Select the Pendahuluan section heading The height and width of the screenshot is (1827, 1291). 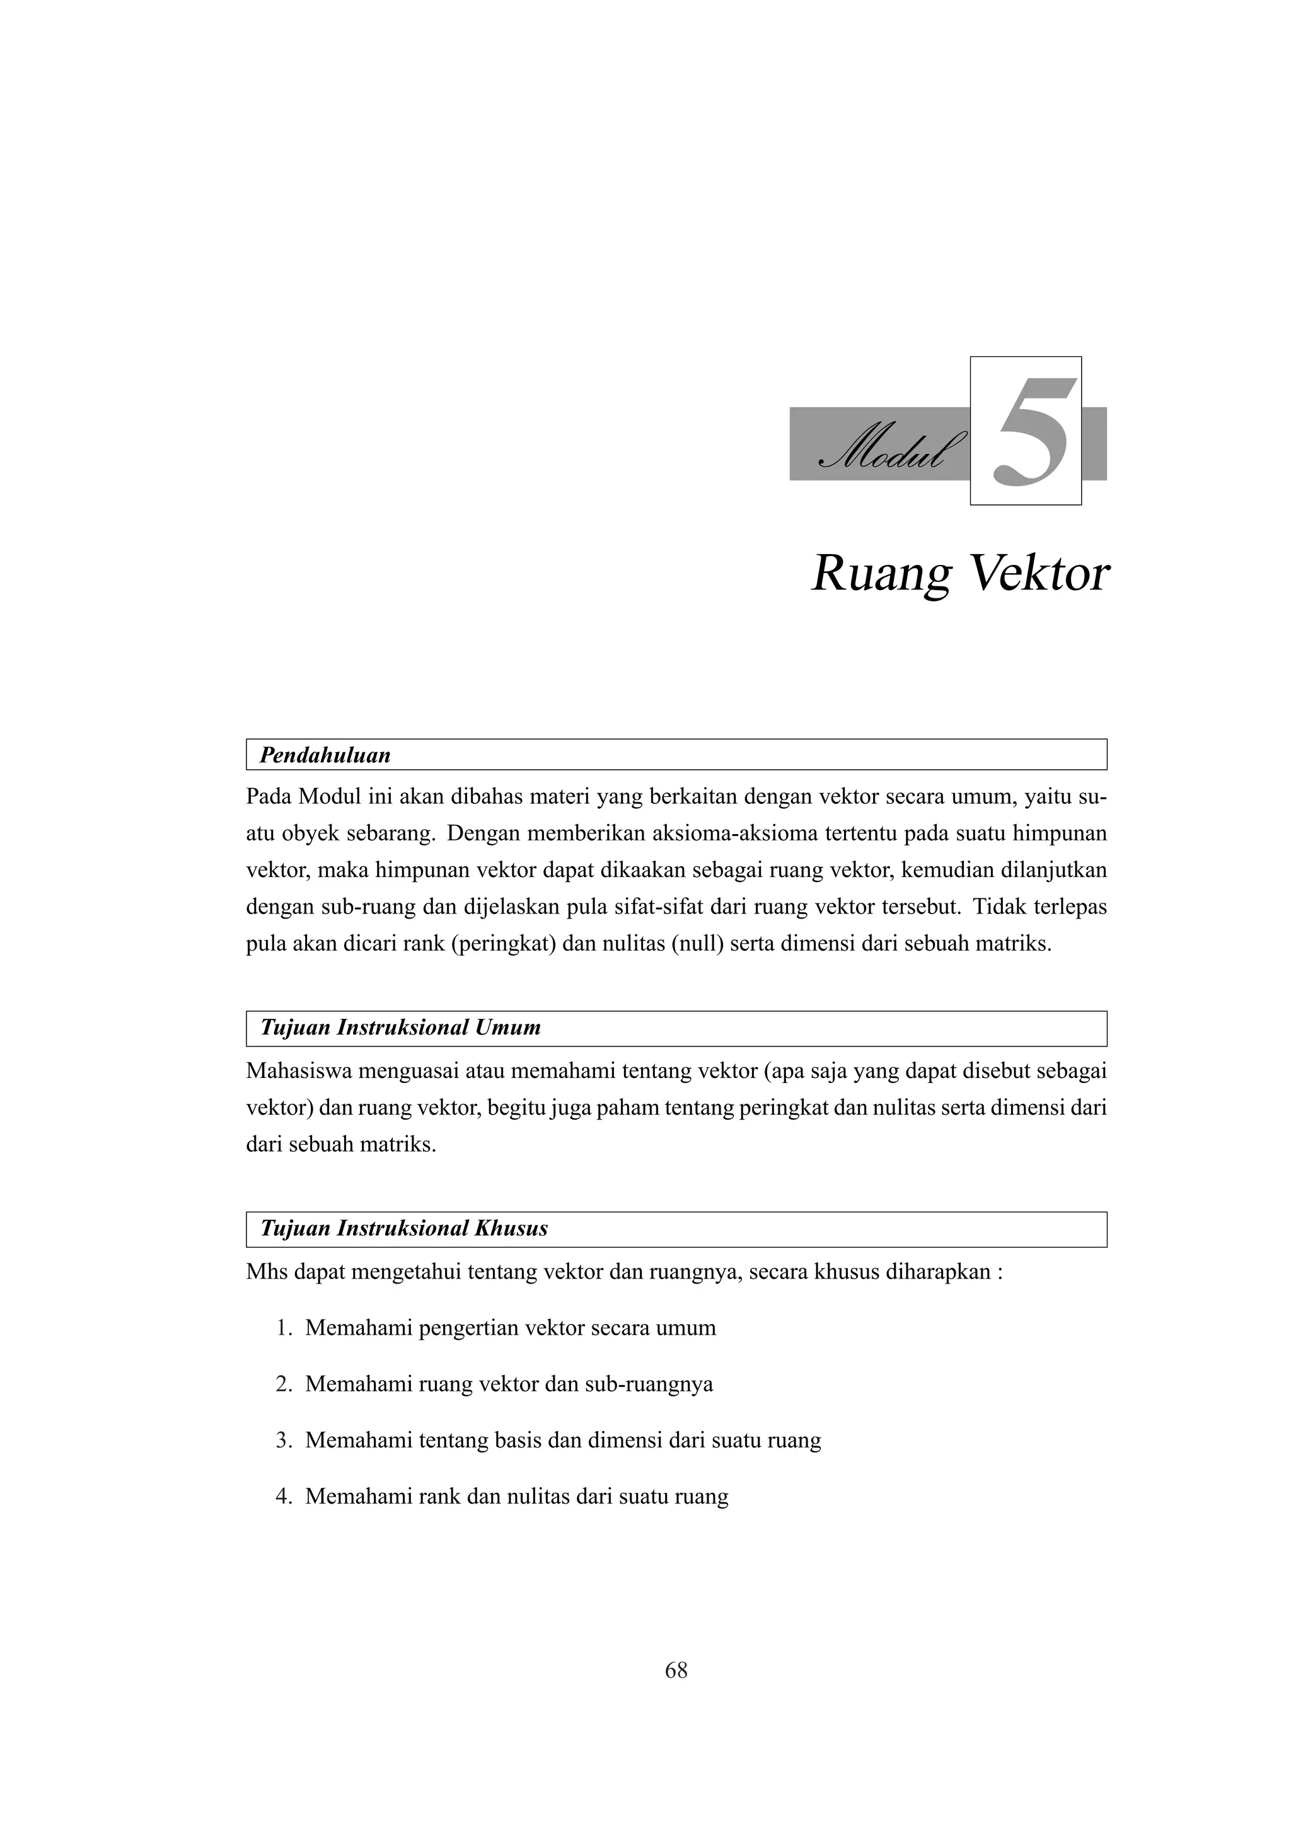coord(325,755)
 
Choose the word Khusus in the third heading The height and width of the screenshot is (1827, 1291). coord(511,1228)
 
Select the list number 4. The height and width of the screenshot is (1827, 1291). coord(284,1497)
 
